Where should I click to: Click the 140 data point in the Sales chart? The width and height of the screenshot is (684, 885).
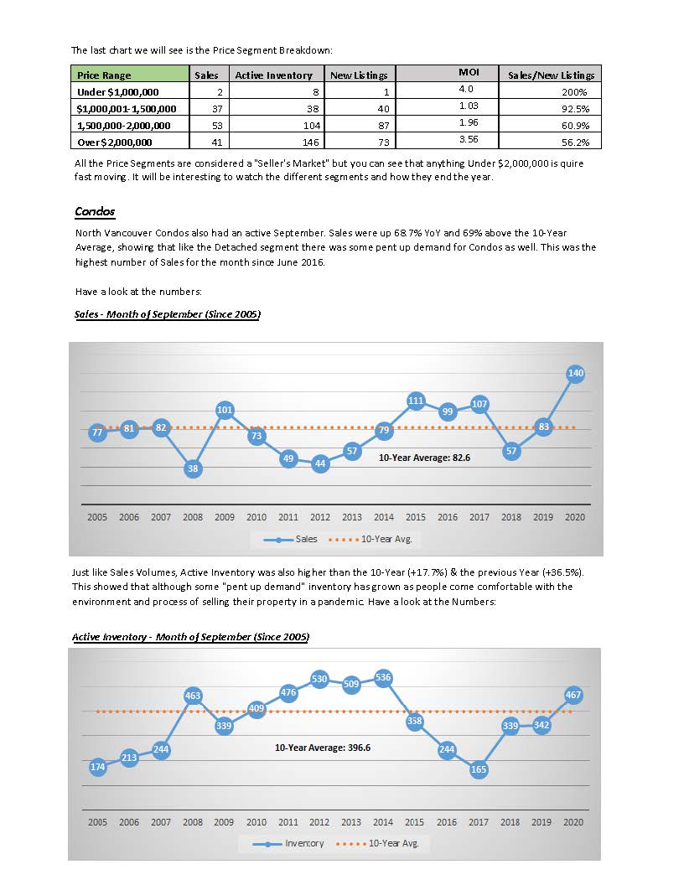coord(575,373)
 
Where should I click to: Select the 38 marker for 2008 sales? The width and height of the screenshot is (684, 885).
coord(193,468)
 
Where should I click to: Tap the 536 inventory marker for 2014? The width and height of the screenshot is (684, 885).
coord(383,677)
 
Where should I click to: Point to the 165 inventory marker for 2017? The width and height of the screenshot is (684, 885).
coord(479,769)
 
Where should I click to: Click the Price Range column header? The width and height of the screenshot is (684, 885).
coord(104,75)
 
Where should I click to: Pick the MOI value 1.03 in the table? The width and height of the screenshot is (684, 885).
coord(469,106)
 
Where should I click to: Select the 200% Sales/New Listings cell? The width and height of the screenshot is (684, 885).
coord(574,92)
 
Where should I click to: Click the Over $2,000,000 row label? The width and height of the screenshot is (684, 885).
coord(115,142)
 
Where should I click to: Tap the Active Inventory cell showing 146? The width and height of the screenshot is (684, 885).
coord(310,142)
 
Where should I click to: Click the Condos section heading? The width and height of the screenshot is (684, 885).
coord(95,212)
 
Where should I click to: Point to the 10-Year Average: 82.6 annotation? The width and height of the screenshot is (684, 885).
coord(424,458)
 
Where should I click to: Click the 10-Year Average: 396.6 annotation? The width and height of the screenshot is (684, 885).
coord(323,748)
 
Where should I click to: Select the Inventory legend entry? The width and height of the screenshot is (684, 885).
coord(288,844)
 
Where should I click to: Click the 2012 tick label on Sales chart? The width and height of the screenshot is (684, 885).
coord(320,517)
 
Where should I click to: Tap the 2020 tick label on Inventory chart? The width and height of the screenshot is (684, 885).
coord(573,822)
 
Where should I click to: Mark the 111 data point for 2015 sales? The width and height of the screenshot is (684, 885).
coord(416,401)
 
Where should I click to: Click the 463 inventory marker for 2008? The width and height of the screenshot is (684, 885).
coord(193,696)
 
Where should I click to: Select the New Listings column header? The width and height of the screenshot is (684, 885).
coord(359,75)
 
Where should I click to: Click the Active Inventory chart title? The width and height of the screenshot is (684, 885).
coord(191,637)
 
